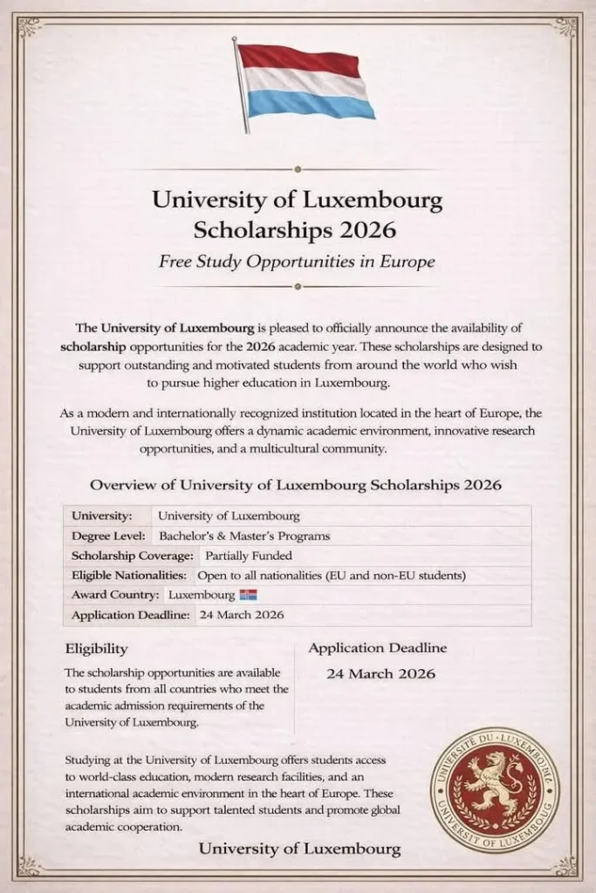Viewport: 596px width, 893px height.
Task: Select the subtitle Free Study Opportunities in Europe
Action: [297, 261]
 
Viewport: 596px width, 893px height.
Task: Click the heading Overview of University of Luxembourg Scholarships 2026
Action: [296, 485]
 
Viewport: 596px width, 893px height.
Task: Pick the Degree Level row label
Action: [108, 535]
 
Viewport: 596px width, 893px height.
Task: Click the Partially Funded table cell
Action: [248, 556]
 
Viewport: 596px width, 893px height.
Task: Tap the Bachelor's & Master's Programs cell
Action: [243, 535]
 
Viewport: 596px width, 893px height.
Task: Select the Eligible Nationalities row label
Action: [128, 576]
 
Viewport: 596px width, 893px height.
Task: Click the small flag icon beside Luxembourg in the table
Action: [248, 596]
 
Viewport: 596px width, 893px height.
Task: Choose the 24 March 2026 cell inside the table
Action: [240, 616]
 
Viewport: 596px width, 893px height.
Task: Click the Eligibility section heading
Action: [96, 649]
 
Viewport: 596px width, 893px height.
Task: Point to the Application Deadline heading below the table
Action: [377, 648]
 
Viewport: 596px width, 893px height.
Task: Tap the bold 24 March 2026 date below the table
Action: [380, 673]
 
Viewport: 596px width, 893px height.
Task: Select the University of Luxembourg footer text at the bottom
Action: [299, 848]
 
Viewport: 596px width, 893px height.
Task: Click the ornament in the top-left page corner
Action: [29, 27]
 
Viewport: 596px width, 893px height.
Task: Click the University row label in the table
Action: [102, 515]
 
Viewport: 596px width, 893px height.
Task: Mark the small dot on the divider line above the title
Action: [298, 169]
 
